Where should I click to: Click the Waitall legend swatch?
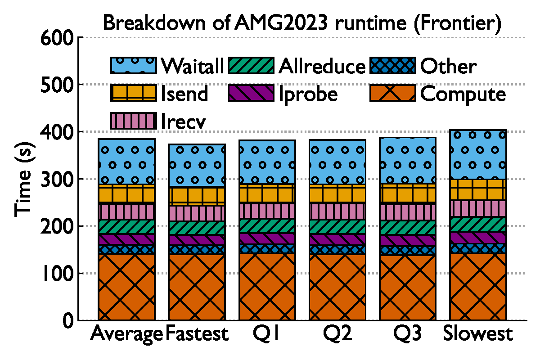pyautogui.click(x=133, y=66)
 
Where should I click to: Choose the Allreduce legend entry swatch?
pyautogui.click(x=252, y=66)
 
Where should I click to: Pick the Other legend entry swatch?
pyautogui.click(x=392, y=66)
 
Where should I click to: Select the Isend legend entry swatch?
pyautogui.click(x=133, y=93)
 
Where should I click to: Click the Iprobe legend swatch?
pyautogui.click(x=252, y=93)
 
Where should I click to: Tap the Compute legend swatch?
pyautogui.click(x=392, y=93)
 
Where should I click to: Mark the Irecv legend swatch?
pyautogui.click(x=133, y=121)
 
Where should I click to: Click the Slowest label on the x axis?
pyautogui.click(x=478, y=334)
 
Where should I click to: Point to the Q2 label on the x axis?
pyautogui.click(x=337, y=334)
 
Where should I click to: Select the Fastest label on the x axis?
pyautogui.click(x=197, y=334)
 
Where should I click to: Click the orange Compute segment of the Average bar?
pyautogui.click(x=126, y=287)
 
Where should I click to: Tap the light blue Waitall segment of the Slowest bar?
pyautogui.click(x=478, y=154)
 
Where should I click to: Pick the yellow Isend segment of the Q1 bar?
pyautogui.click(x=267, y=193)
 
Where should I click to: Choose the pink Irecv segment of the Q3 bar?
pyautogui.click(x=408, y=212)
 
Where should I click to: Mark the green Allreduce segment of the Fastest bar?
pyautogui.click(x=197, y=228)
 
